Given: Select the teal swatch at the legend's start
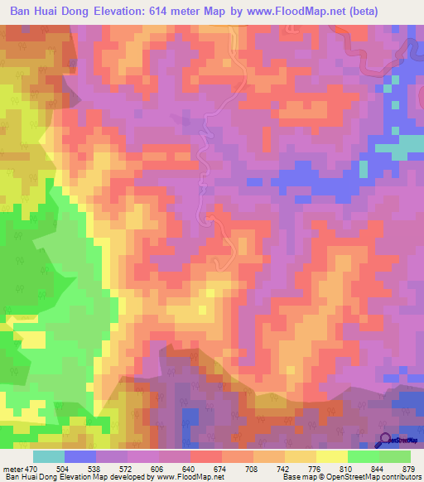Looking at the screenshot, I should [x=49, y=456].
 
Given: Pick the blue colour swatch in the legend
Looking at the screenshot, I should [x=79, y=456].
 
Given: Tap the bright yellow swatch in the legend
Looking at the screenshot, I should [x=331, y=456].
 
